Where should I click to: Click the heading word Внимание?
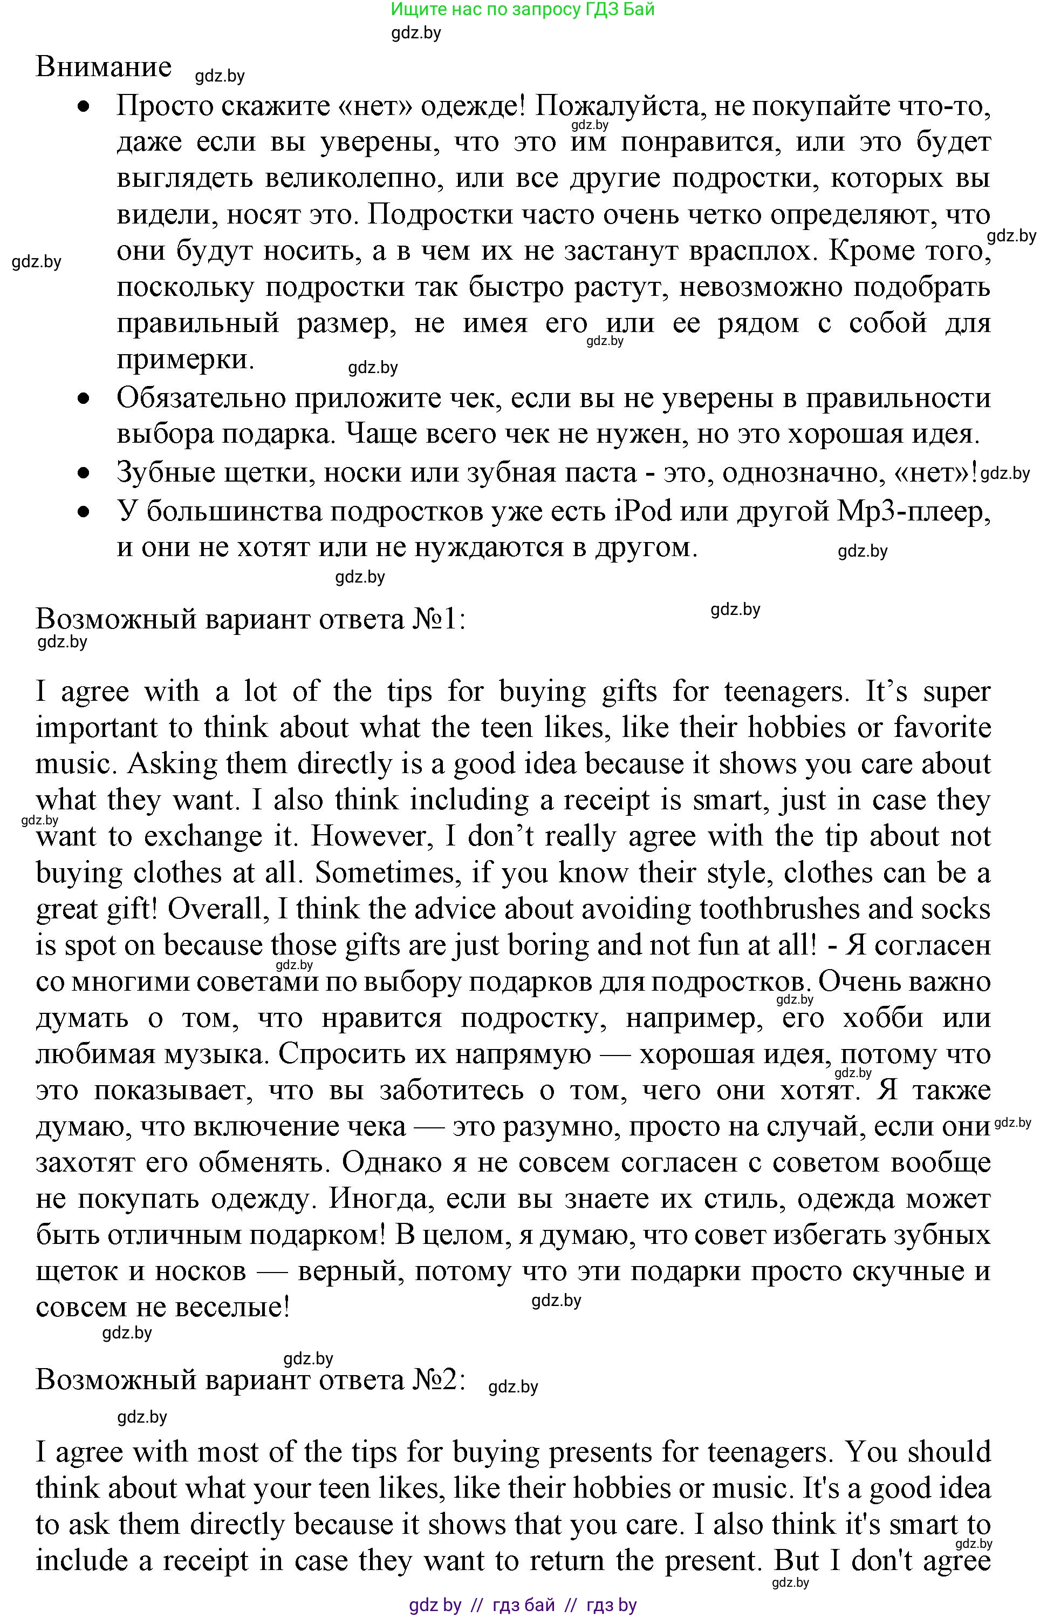pyautogui.click(x=103, y=66)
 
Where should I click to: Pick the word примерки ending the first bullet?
pyautogui.click(x=184, y=358)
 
